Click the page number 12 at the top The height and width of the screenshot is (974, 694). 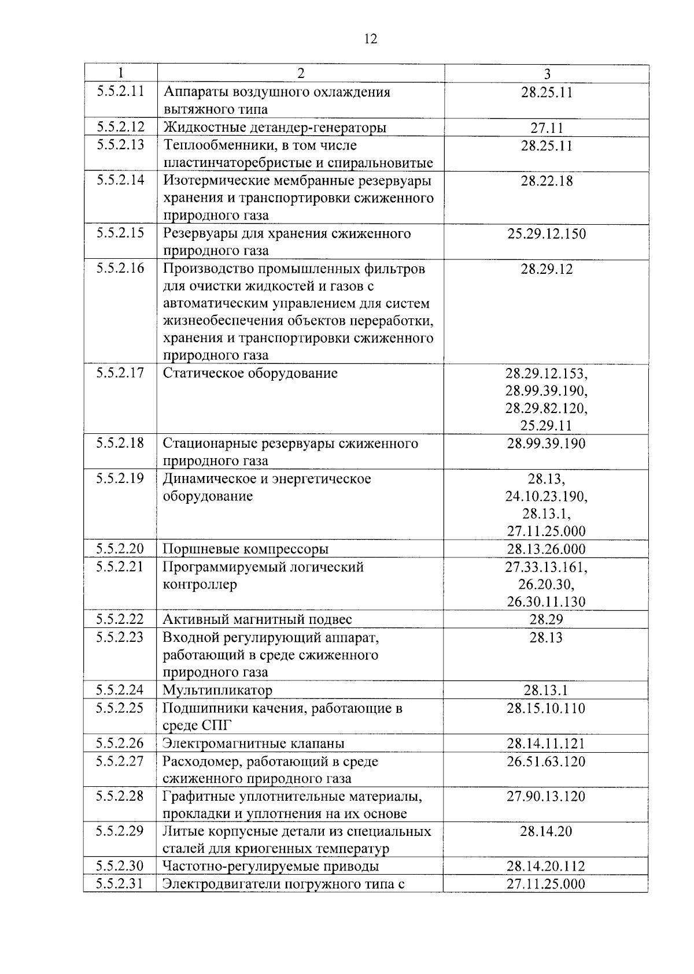(x=371, y=39)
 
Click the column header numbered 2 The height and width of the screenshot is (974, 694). (x=300, y=73)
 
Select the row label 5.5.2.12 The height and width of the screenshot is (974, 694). (x=120, y=127)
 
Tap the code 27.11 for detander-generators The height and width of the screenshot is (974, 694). (x=547, y=128)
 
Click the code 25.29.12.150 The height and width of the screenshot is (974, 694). (x=547, y=234)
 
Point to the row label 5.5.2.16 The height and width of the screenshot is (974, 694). (x=120, y=268)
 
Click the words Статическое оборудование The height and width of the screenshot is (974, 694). (x=250, y=373)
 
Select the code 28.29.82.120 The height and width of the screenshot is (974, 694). (x=547, y=408)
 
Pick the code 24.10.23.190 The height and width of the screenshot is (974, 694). (x=547, y=496)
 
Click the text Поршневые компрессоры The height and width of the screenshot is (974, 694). (x=246, y=549)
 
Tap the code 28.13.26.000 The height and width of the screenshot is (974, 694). (x=547, y=549)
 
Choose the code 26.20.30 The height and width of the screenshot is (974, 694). (x=547, y=584)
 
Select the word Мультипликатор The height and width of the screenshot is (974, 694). (x=217, y=690)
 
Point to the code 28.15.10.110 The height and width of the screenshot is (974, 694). (x=547, y=708)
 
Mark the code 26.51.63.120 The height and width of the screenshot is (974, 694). (x=547, y=761)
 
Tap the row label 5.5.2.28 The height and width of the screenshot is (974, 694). (x=120, y=796)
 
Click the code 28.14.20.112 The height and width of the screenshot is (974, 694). (x=547, y=866)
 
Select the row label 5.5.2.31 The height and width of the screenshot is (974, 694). (x=120, y=883)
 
